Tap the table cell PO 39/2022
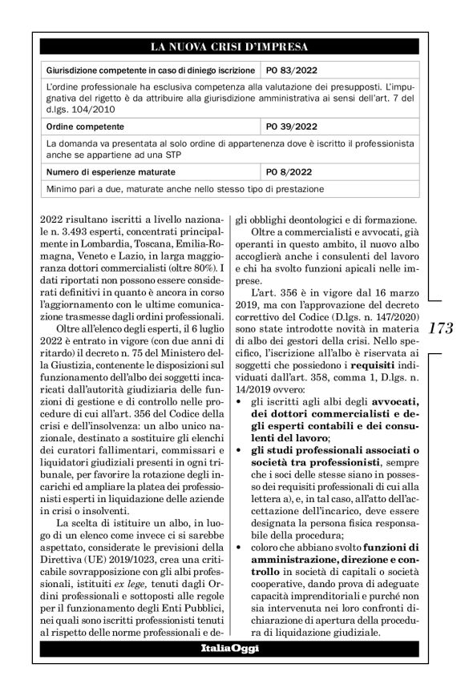(x=292, y=126)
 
